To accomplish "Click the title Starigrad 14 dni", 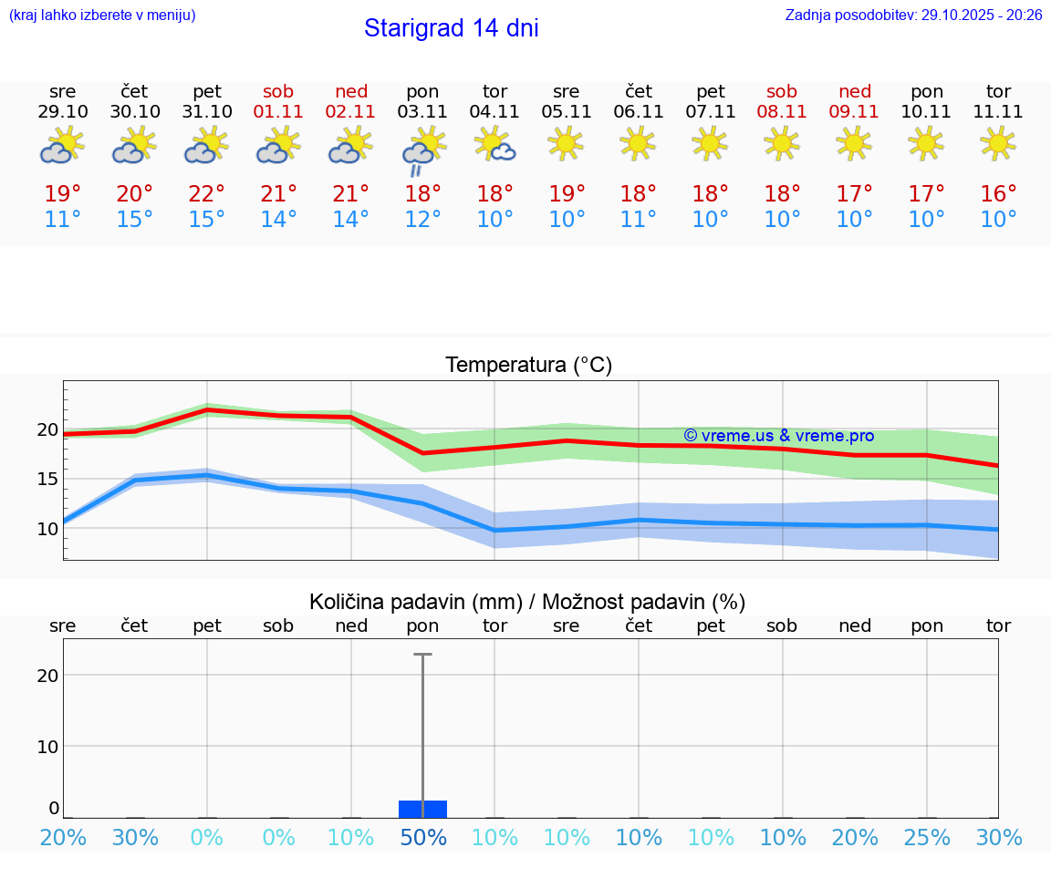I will [x=451, y=28].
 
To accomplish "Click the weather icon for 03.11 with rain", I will [x=423, y=149].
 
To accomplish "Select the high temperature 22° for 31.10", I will [x=207, y=194].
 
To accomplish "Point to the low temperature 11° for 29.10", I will [x=63, y=220].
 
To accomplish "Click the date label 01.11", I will [x=278, y=112].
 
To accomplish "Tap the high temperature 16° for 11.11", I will [x=999, y=194].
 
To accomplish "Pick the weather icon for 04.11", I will [x=494, y=144].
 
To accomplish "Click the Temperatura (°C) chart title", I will [x=528, y=366].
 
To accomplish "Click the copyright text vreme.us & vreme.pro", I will [x=778, y=436].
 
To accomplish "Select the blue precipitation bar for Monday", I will [x=422, y=809].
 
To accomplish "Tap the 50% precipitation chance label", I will [x=423, y=838].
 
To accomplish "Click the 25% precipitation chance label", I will [x=927, y=838].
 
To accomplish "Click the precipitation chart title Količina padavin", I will [x=527, y=602].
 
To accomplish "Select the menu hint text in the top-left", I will [x=102, y=16].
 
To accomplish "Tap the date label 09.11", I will [x=854, y=112].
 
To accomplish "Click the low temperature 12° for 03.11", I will [x=423, y=220].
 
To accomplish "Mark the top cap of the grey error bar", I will [x=422, y=655].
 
